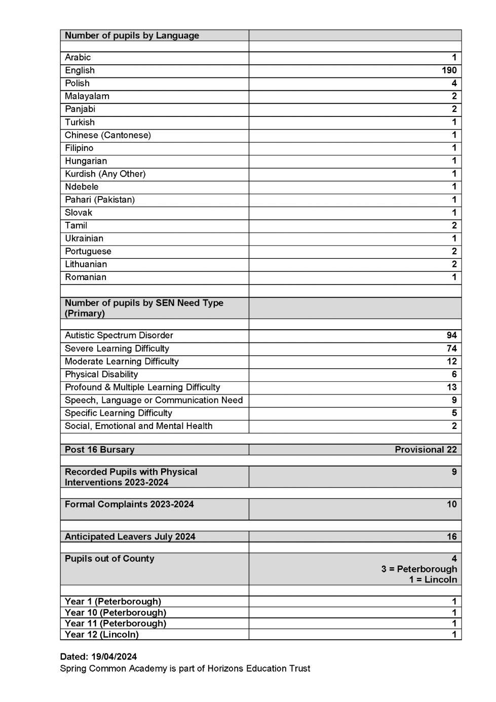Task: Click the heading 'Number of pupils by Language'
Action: (132, 35)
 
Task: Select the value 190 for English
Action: (448, 70)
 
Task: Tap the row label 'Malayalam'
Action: (87, 96)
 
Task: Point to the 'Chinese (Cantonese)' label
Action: (108, 135)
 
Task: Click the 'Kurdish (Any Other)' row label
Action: (105, 174)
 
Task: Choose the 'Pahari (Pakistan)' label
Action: (100, 200)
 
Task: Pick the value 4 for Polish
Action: (454, 83)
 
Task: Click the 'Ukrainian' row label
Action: (84, 239)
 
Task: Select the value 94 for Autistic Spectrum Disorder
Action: (451, 335)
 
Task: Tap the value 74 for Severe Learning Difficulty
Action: (451, 348)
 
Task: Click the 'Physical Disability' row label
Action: (101, 374)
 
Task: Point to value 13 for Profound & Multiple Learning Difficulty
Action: (451, 387)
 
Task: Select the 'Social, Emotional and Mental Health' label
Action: (139, 426)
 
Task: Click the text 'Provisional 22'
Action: (426, 450)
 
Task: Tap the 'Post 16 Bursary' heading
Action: (100, 450)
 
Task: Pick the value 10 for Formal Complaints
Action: (451, 504)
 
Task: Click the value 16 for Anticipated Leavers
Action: (451, 537)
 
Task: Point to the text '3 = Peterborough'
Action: (419, 569)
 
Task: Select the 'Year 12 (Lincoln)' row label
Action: (102, 635)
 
